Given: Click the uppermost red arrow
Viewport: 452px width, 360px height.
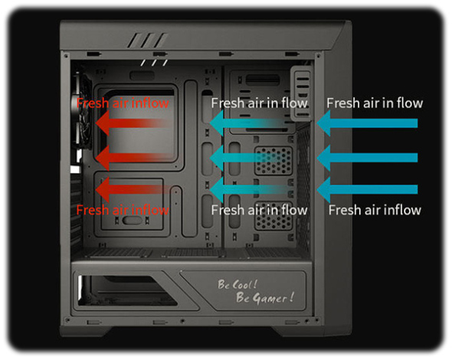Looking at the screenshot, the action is pyautogui.click(x=133, y=123).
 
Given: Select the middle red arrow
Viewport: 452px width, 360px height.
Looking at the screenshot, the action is pyautogui.click(x=133, y=158).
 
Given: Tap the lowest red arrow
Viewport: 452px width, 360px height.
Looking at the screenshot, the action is pyautogui.click(x=133, y=189).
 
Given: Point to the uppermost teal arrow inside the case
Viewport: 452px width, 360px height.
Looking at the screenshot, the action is pyautogui.click(x=248, y=123).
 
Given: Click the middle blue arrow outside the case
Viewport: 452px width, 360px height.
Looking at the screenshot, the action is pyautogui.click(x=367, y=158).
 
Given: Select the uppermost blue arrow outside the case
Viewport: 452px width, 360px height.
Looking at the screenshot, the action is pyautogui.click(x=367, y=123).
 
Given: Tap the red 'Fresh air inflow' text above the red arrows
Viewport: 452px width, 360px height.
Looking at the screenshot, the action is pyautogui.click(x=123, y=103).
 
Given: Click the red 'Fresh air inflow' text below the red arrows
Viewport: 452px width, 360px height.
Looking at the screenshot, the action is pyautogui.click(x=123, y=210).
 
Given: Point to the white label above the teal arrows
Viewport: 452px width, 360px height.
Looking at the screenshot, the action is pyautogui.click(x=259, y=103).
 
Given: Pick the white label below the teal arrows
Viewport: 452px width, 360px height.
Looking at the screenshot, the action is pyautogui.click(x=259, y=210).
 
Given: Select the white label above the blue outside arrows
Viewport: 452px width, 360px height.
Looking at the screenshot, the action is pyautogui.click(x=375, y=103).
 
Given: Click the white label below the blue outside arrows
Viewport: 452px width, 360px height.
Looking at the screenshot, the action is pyautogui.click(x=375, y=210).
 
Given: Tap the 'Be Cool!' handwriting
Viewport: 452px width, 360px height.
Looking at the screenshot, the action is pyautogui.click(x=237, y=285).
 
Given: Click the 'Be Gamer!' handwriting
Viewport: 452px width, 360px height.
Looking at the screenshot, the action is pyautogui.click(x=265, y=297).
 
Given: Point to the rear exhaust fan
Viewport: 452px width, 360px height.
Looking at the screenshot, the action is pyautogui.click(x=81, y=111).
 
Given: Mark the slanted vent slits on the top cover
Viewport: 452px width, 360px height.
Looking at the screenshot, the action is pyautogui.click(x=147, y=41).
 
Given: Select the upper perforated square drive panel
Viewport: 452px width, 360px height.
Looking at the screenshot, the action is pyautogui.click(x=273, y=161).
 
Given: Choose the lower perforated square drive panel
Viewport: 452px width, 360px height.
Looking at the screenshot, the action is pyautogui.click(x=273, y=215).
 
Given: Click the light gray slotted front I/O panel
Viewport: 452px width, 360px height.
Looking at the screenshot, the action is pyautogui.click(x=301, y=93).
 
